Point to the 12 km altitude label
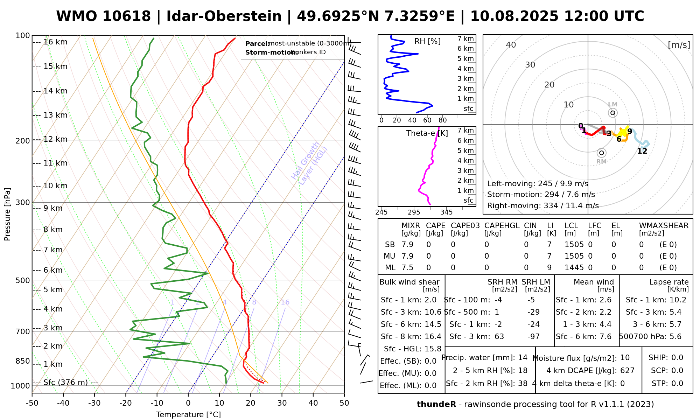[x=55, y=139]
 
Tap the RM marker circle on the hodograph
[x=602, y=153]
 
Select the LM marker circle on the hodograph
[x=612, y=113]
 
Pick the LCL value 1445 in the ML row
[x=574, y=268]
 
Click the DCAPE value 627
[x=627, y=371]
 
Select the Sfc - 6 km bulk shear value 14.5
[x=433, y=324]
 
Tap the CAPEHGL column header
[x=502, y=226]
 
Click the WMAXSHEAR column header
[x=664, y=226]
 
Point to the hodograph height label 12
[x=642, y=151]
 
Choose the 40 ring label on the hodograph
[x=511, y=45]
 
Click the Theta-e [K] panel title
[x=427, y=133]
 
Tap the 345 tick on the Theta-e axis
[x=446, y=212]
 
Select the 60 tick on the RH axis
[x=427, y=120]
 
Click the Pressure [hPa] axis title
[x=7, y=214]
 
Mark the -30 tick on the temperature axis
[x=94, y=403]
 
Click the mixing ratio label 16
[x=285, y=302]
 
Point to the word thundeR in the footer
[x=436, y=405]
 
